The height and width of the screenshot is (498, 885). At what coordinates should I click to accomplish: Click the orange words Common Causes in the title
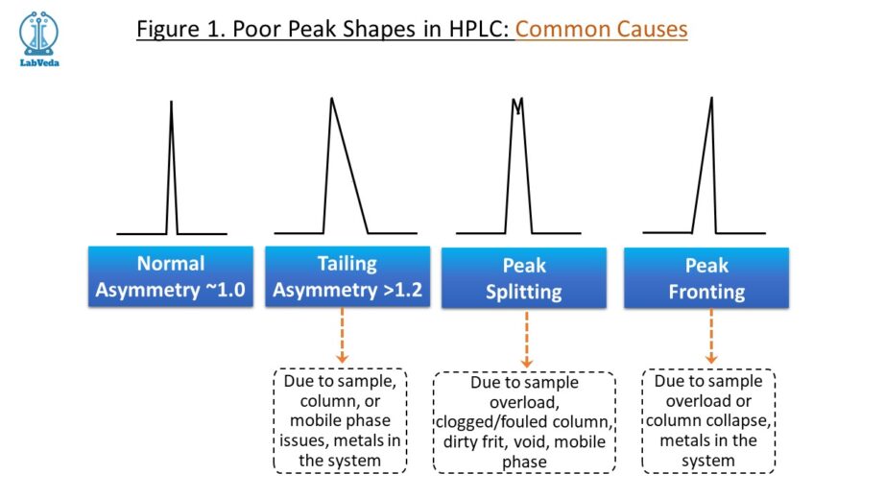tap(601, 29)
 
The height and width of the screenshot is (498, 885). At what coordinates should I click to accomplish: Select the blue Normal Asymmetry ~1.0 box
tap(171, 276)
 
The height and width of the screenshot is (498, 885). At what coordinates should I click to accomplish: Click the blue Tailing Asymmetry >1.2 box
tap(347, 276)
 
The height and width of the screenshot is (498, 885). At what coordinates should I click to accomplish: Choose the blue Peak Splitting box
tap(524, 278)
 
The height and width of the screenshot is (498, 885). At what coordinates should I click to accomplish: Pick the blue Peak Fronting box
tap(706, 278)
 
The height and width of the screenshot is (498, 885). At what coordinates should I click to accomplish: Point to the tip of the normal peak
tap(172, 102)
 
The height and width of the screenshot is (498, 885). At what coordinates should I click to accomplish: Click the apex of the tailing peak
tap(331, 98)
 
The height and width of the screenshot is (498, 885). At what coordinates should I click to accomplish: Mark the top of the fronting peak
tap(711, 98)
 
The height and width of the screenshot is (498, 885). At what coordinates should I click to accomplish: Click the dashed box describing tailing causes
tap(340, 420)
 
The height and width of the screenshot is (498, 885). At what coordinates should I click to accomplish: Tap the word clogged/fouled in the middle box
tap(489, 421)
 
